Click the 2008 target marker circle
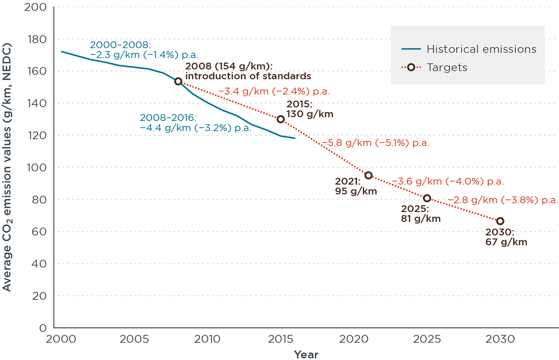pyautogui.click(x=178, y=81)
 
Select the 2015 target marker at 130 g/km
pyautogui.click(x=280, y=119)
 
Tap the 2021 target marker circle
pyautogui.click(x=368, y=176)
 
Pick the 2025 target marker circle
pyautogui.click(x=427, y=198)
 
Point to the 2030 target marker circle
pyautogui.click(x=500, y=221)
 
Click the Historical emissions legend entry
pyautogui.click(x=469, y=49)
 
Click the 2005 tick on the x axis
pyautogui.click(x=134, y=339)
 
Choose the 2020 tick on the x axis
pyautogui.click(x=354, y=339)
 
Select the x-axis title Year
pyautogui.click(x=306, y=354)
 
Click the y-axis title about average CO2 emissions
pyautogui.click(x=7, y=168)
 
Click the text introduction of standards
pyautogui.click(x=248, y=76)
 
